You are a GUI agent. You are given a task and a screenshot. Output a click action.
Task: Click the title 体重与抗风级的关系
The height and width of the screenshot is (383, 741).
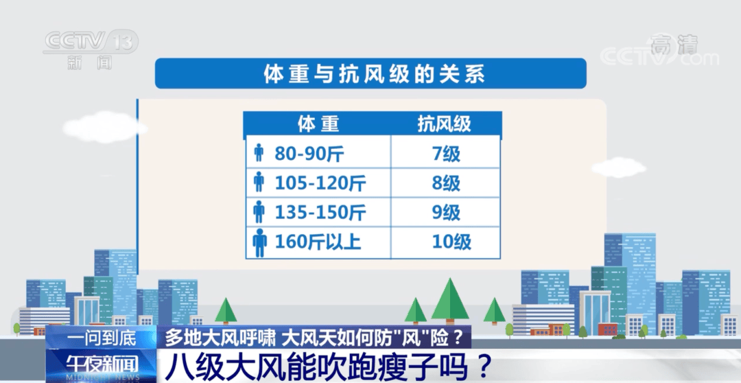tap(370, 73)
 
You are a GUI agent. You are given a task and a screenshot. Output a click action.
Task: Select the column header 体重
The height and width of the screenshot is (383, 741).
tap(318, 124)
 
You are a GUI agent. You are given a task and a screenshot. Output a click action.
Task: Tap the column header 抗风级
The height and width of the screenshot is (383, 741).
tap(445, 124)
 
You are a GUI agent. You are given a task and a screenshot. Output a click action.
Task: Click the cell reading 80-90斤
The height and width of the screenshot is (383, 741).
tap(309, 152)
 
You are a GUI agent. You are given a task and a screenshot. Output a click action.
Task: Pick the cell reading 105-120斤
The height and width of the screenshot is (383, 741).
tap(320, 183)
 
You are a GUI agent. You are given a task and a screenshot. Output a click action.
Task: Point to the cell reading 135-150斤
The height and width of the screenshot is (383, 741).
tap(320, 212)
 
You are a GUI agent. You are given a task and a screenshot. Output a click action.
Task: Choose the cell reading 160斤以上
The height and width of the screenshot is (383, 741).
tap(318, 242)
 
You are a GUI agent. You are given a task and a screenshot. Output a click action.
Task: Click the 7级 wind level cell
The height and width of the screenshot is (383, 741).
tap(446, 152)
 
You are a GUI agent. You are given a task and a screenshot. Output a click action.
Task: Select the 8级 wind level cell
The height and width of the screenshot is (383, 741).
tap(446, 183)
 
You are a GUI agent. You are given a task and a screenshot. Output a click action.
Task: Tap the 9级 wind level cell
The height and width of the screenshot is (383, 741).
tap(446, 212)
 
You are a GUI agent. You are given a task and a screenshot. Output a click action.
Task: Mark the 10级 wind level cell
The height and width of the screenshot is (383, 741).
tap(451, 242)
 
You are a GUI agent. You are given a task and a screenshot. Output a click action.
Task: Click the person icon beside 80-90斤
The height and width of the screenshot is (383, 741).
tap(258, 152)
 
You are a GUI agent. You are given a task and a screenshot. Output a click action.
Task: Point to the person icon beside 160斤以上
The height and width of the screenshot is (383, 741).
tap(259, 242)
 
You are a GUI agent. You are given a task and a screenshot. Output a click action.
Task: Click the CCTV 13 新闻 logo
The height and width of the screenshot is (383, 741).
tap(90, 48)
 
